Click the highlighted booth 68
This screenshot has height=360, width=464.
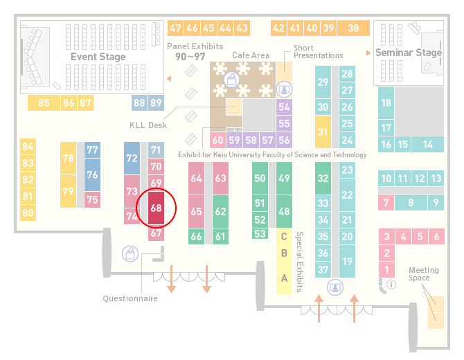pos(156,208)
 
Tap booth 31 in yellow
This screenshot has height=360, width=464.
pos(323,132)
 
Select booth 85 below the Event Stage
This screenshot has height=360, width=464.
pos(44,102)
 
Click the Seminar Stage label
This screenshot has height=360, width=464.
pos(409,53)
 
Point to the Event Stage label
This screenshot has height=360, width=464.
pos(98,57)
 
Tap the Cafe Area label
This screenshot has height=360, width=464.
pos(251,55)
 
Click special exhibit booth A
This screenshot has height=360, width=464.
pos(284,278)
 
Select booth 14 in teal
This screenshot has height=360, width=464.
pos(427,145)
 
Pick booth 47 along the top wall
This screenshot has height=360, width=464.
pos(175,28)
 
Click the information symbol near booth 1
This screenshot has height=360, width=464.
pos(391,285)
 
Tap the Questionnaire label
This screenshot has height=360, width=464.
pos(130,298)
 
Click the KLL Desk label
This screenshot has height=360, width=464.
pos(148,125)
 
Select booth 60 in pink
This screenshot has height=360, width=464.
pos(217,140)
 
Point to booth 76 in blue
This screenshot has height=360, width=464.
pos(92,174)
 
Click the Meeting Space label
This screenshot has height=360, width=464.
pos(423,273)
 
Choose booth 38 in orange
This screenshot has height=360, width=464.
pos(354,28)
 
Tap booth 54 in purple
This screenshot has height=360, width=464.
pos(284,107)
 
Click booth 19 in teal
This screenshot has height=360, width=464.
pos(347,261)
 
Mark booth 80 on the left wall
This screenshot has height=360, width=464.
pos(28,213)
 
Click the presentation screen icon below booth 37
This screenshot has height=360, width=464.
pos(335,287)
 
